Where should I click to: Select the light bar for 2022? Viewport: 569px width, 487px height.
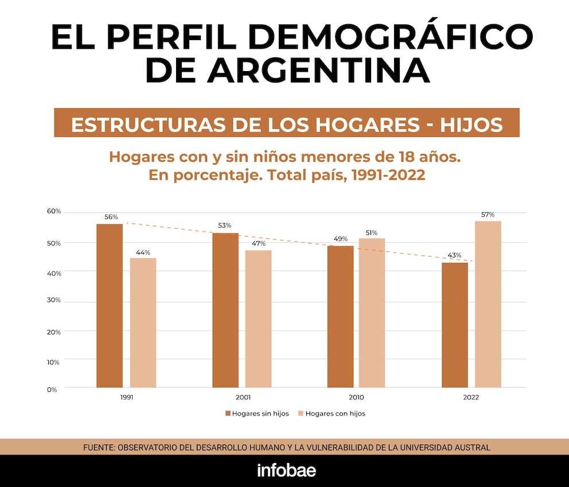pyautogui.click(x=488, y=304)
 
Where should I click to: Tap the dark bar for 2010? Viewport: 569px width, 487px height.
pyautogui.click(x=341, y=316)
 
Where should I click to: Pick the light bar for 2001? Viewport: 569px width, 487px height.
pyautogui.click(x=259, y=319)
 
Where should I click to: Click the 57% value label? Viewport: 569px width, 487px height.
pyautogui.click(x=488, y=214)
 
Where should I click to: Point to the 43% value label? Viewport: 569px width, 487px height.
pyautogui.click(x=454, y=256)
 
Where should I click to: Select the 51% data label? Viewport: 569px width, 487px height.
pyautogui.click(x=372, y=233)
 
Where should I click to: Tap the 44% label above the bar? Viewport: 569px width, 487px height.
pyautogui.click(x=143, y=252)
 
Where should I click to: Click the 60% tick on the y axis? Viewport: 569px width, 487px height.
pyautogui.click(x=54, y=211)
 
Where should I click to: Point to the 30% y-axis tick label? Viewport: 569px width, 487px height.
pyautogui.click(x=53, y=301)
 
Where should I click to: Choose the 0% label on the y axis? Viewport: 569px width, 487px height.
pyautogui.click(x=52, y=390)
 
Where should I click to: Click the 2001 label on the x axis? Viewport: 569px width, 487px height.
pyautogui.click(x=243, y=397)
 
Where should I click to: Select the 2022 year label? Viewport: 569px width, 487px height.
pyautogui.click(x=471, y=397)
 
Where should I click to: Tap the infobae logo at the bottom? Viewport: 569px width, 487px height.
pyautogui.click(x=286, y=471)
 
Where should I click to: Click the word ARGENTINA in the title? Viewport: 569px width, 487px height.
pyautogui.click(x=318, y=70)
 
